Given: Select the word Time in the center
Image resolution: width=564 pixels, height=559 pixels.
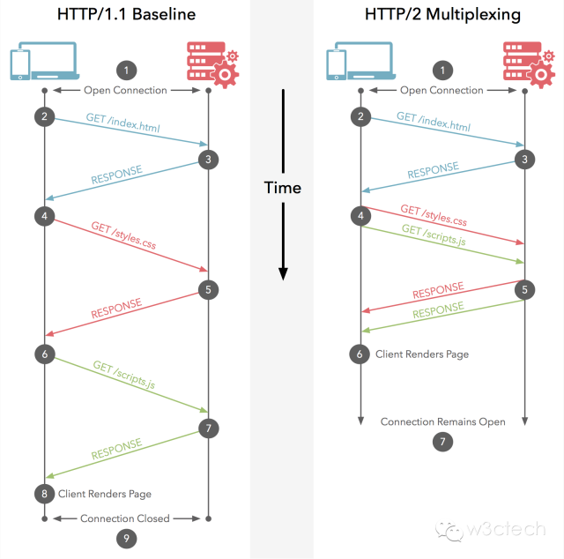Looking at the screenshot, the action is pos(283,188).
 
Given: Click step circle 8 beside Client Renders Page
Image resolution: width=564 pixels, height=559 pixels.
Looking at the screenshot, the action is pos(44,493).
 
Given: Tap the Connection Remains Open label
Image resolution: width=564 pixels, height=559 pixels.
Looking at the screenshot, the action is pos(442,421).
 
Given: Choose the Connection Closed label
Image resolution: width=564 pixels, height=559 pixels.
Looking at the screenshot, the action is pos(124,518).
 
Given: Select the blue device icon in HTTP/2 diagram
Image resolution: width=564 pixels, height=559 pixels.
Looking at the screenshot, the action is pos(349,62).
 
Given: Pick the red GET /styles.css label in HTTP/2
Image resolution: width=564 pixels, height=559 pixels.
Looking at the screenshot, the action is pos(434,215).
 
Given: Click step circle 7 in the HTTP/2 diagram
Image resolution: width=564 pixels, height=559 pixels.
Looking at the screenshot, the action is pos(442,441).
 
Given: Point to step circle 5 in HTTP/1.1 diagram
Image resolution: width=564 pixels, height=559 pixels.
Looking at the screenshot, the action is pos(207,289).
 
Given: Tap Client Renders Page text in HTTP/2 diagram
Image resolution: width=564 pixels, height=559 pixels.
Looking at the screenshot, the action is pos(422,354).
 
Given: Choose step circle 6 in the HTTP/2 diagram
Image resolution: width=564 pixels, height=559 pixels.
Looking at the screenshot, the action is pos(360,354).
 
